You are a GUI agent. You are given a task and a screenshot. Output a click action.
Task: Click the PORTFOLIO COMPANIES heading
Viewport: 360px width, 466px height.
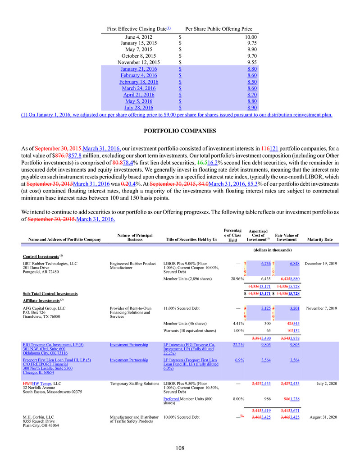[180, 131]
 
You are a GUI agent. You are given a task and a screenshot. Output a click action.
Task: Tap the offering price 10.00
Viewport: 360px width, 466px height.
[250, 37]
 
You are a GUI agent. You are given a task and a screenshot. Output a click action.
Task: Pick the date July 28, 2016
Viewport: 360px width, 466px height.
[138, 108]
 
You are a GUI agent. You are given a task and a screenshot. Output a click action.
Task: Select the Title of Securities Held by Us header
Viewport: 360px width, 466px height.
[190, 239]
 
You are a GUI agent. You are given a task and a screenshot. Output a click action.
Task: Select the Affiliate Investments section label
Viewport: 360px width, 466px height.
[42, 300]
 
